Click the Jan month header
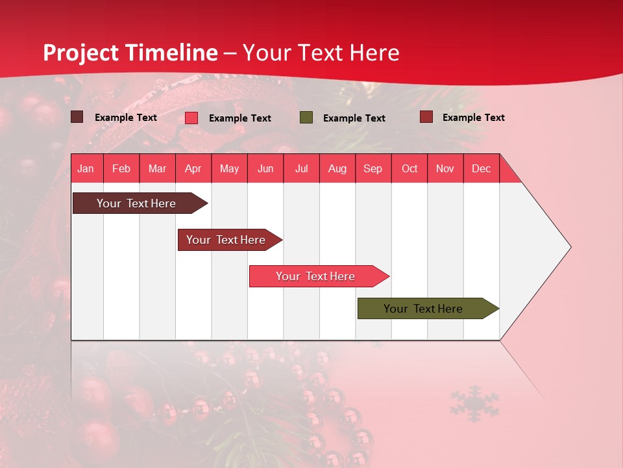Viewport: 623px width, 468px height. coord(86,168)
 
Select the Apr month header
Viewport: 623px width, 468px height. coord(193,168)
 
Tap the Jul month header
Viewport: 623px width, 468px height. coord(301,168)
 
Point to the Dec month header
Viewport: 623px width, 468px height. coord(481,168)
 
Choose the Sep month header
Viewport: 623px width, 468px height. coord(373,168)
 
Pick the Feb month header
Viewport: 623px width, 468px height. coord(121,168)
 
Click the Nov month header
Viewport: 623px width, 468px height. coord(445,168)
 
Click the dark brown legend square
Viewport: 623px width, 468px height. coord(77,117)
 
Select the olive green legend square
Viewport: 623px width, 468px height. coord(306,117)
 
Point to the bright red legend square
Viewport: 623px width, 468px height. coord(191,118)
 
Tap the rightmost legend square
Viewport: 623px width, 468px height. coord(426,117)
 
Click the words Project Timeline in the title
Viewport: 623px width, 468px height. coord(130,53)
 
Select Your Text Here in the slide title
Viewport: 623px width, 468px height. coord(321,53)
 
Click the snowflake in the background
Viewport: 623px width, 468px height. coord(474,403)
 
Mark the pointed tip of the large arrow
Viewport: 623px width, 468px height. coord(570,247)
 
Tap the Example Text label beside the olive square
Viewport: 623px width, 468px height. coord(354,118)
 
